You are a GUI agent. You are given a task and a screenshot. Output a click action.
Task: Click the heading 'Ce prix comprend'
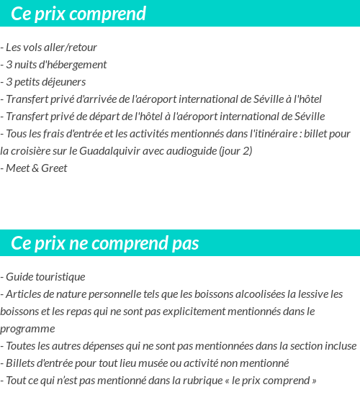(x=79, y=14)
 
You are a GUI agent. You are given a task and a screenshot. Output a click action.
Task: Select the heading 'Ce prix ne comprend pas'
(x=105, y=243)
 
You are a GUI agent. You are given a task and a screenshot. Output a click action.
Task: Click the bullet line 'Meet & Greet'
(x=36, y=168)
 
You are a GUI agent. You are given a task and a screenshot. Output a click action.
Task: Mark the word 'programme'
(x=27, y=329)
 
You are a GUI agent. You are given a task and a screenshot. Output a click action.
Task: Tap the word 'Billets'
(x=22, y=363)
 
